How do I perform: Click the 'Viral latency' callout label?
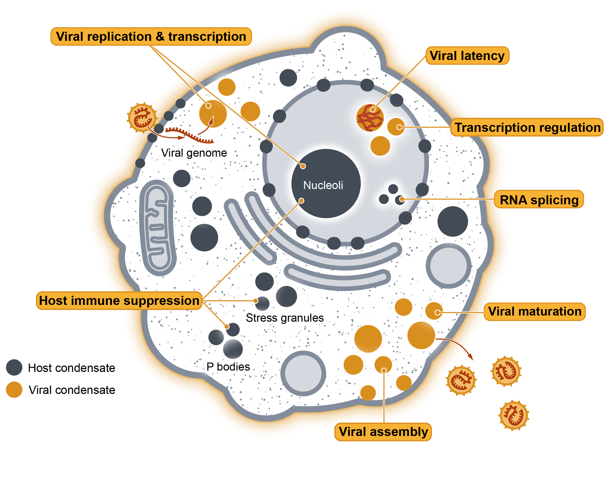pos(467,56)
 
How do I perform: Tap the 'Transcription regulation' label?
pos(527,127)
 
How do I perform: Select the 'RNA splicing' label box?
pos(539,200)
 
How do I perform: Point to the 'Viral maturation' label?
pos(535,311)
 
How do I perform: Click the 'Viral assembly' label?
pos(383,432)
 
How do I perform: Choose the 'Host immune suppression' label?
pos(119,301)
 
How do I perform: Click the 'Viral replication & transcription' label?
pos(151,37)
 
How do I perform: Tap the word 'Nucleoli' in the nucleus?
pos(323,185)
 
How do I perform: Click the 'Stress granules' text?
pos(285,318)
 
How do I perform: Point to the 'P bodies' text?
pos(228,367)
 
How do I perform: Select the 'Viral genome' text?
pos(194,153)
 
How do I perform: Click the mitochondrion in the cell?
pos(158,227)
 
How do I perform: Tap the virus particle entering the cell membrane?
pos(141,117)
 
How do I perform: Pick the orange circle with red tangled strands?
pos(370,118)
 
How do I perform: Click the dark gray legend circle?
pos(14,367)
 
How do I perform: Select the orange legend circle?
pos(14,390)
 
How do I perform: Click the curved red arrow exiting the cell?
pos(458,347)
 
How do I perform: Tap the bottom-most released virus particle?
pos(514,415)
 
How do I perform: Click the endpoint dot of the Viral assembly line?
pos(384,370)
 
